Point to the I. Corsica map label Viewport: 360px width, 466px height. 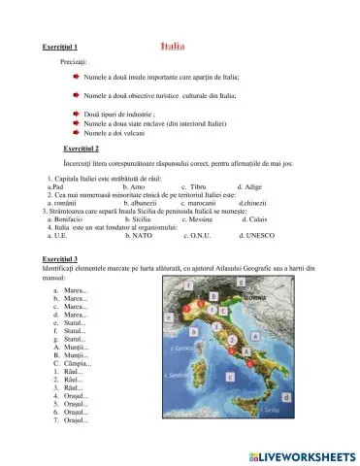tap(180, 347)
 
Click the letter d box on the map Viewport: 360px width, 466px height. tap(285, 397)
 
